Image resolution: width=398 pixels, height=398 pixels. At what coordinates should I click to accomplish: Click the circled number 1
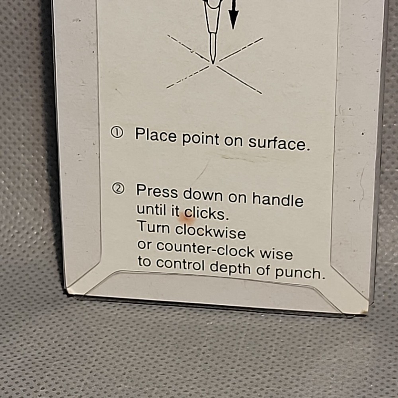point(117,132)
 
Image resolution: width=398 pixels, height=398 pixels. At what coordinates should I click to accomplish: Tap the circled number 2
point(118,189)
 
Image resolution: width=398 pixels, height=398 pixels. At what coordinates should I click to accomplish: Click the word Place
point(156,135)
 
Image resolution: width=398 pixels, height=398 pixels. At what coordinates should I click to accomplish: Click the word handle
point(277,198)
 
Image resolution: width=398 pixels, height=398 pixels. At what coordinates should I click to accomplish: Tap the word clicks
point(207,213)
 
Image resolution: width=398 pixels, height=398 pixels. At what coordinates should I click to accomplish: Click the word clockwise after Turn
point(211,230)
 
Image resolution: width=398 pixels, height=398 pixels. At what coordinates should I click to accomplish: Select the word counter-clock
point(205,248)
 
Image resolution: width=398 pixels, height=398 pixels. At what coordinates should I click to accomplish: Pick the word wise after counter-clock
point(276,253)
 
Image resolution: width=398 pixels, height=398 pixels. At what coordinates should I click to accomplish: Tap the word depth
point(230,268)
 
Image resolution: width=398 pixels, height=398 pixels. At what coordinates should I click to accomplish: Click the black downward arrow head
point(233,20)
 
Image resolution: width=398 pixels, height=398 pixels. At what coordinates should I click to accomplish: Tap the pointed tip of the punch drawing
point(213,63)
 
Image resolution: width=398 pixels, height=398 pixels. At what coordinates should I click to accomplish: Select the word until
point(153,209)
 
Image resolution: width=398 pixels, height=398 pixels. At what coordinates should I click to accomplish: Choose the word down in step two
point(203,195)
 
